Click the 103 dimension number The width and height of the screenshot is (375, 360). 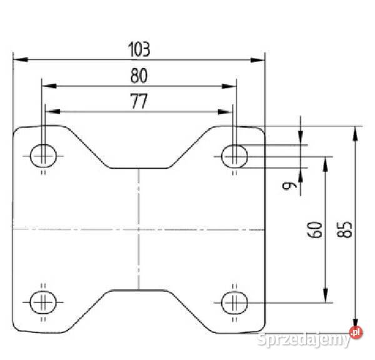pyautogui.click(x=139, y=49)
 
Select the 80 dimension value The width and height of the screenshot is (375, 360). pyautogui.click(x=139, y=76)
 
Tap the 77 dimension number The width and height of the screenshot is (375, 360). pyautogui.click(x=139, y=101)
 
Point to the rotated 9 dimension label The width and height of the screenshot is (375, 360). pyautogui.click(x=289, y=186)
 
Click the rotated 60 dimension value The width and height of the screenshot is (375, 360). pyautogui.click(x=314, y=230)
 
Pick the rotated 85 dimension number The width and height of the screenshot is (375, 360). pyautogui.click(x=344, y=230)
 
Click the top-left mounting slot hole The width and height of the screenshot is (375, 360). pyautogui.click(x=43, y=156)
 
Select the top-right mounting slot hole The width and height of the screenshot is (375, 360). pyautogui.click(x=234, y=156)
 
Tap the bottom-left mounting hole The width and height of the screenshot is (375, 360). pyautogui.click(x=43, y=302)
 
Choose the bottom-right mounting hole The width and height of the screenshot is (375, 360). pyautogui.click(x=234, y=302)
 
